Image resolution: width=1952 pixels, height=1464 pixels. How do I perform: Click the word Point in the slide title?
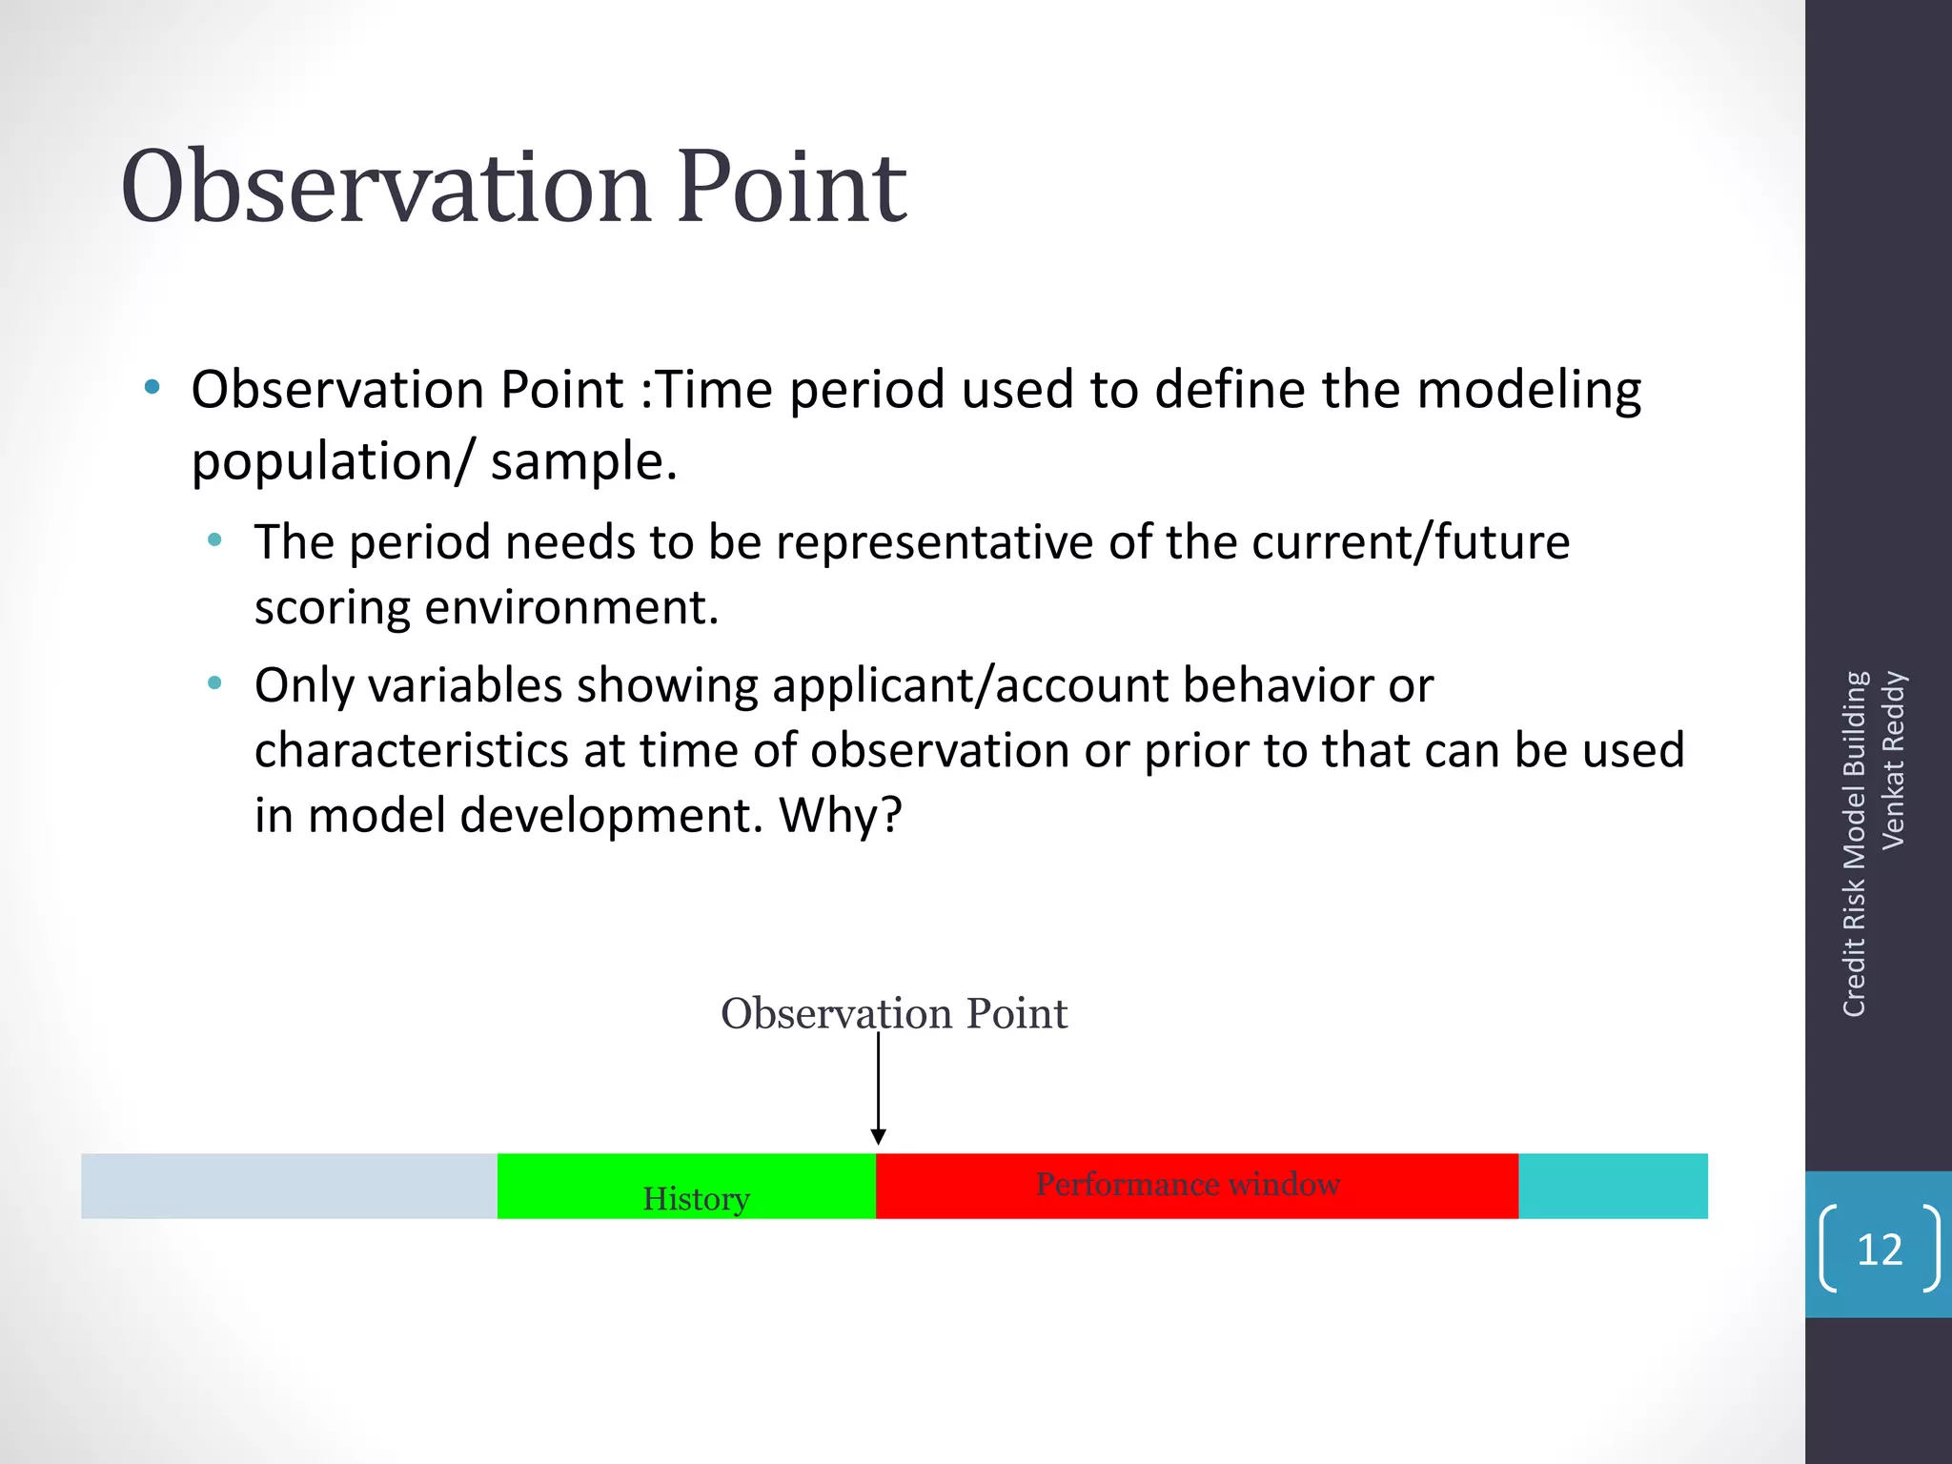pos(791,188)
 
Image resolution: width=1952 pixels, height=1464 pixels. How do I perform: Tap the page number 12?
pos(1879,1250)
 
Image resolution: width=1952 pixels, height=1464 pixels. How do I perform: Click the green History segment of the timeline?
pos(686,1187)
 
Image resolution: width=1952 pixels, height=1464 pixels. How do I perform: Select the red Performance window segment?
pos(1196,1187)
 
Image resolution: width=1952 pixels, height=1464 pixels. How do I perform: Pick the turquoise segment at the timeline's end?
pos(1613,1187)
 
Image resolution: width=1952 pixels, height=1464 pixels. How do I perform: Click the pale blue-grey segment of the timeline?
pos(289,1187)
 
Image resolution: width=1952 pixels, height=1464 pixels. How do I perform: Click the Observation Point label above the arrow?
pos(893,1013)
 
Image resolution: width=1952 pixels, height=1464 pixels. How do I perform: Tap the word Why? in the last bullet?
pos(840,816)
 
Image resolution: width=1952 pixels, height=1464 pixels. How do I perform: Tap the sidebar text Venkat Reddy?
pos(1893,760)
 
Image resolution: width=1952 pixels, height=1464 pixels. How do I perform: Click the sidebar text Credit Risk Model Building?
pos(1854,844)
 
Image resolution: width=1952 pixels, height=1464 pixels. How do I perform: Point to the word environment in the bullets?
pos(571,608)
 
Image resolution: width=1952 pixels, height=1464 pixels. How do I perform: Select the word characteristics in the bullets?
pos(411,751)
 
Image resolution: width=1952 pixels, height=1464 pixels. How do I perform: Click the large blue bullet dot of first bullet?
pos(152,388)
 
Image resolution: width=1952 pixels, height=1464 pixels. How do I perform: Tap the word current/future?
pos(1410,543)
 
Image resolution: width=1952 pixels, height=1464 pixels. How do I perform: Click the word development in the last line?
pos(611,816)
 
